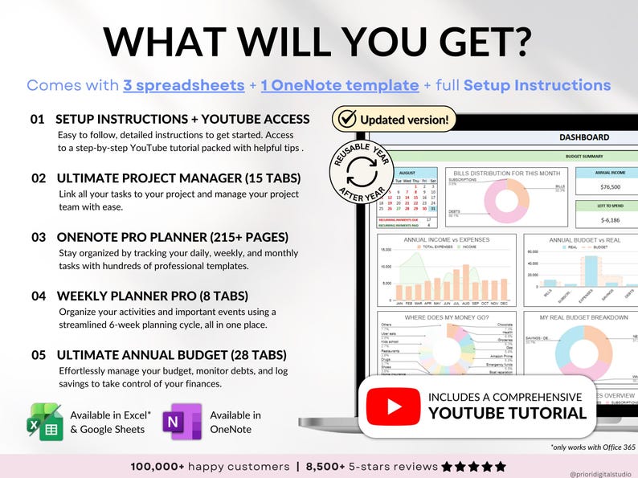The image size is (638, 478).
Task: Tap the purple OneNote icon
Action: (182, 422)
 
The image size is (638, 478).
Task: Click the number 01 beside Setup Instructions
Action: (37, 119)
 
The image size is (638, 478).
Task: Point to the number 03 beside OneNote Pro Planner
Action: (37, 237)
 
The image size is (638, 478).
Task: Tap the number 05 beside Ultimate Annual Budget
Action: (37, 354)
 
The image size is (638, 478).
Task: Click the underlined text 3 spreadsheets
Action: (183, 85)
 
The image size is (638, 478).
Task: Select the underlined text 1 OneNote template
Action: (351, 85)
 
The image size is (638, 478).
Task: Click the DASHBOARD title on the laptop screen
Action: (584, 137)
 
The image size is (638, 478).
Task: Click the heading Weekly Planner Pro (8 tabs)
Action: (153, 296)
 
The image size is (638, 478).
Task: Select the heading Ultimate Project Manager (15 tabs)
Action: (178, 178)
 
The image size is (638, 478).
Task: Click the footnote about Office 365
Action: (591, 446)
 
